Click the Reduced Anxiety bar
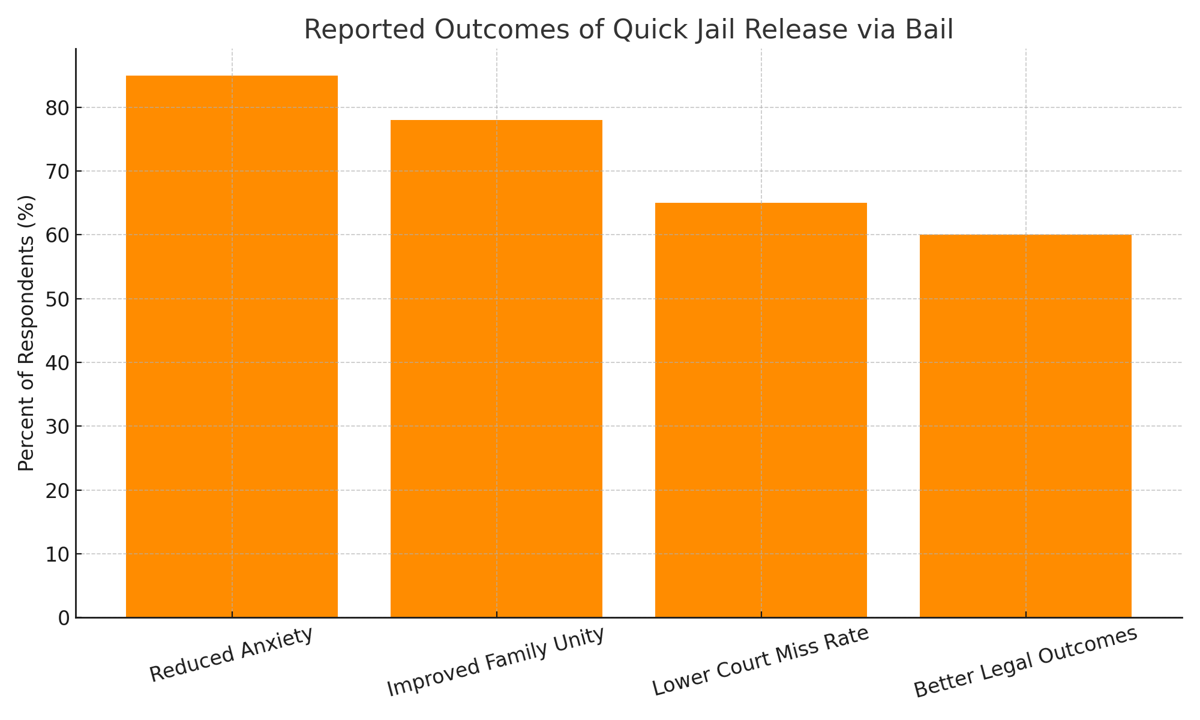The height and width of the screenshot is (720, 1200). click(232, 346)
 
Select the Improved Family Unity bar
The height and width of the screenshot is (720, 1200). click(496, 368)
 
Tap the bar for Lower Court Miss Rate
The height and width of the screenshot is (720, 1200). click(761, 410)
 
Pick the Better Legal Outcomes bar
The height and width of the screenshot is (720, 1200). click(1025, 426)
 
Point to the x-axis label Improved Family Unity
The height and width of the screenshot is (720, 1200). click(496, 662)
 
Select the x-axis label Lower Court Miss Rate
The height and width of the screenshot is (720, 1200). click(761, 662)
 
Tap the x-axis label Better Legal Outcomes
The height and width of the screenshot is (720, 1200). click(1025, 663)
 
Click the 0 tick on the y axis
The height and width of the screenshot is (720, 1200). click(64, 618)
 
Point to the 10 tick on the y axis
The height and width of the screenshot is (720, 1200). click(58, 554)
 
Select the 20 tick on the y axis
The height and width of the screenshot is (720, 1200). click(58, 490)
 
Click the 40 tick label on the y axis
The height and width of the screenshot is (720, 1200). click(58, 363)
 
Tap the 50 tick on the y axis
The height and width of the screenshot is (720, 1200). click(58, 299)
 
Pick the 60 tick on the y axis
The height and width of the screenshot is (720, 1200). click(58, 235)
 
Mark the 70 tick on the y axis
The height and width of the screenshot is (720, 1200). click(58, 172)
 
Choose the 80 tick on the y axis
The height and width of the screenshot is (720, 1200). click(58, 108)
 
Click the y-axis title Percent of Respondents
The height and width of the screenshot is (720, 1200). click(26, 333)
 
